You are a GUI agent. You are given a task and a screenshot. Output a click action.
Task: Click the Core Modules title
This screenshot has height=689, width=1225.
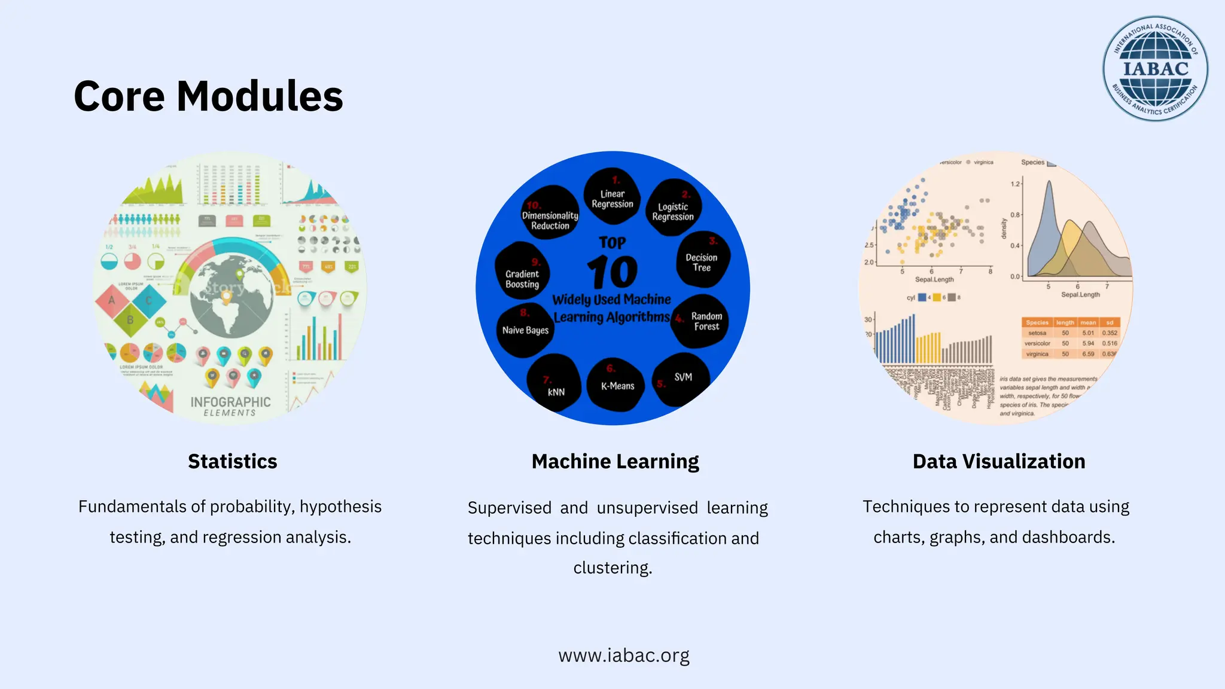coord(208,96)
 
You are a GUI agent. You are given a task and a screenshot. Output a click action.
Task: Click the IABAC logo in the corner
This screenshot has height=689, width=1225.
coord(1155,69)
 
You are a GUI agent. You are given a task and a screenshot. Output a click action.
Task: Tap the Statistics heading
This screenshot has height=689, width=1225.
coord(232,461)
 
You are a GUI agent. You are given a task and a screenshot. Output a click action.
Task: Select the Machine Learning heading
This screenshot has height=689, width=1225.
coord(615,461)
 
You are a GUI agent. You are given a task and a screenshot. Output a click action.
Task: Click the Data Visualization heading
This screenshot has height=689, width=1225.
coord(998,461)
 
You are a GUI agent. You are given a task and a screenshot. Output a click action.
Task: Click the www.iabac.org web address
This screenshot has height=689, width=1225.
coord(623,655)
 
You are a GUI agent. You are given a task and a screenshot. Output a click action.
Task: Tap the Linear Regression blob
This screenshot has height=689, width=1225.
coord(612,197)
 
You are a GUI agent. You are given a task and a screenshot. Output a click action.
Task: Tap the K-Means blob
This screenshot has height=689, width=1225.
coord(617,385)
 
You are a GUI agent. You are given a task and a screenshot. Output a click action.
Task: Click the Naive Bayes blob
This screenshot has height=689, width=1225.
coord(525,330)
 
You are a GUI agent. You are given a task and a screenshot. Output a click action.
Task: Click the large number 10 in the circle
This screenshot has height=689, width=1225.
coord(612,273)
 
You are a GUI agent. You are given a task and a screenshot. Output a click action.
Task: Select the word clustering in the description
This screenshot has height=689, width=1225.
coord(612,568)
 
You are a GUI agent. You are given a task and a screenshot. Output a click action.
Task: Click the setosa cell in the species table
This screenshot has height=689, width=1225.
coord(1037,333)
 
